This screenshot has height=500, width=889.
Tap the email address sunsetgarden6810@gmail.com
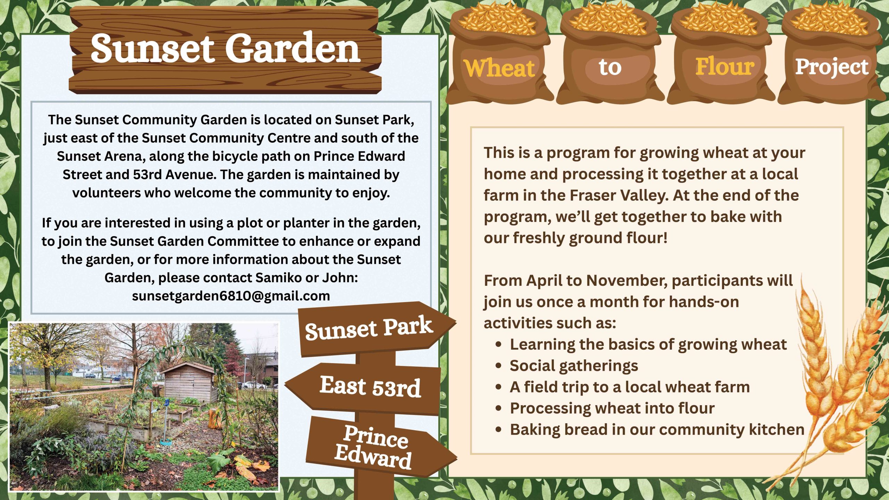pyautogui.click(x=231, y=296)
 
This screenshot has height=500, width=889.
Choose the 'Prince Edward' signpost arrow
pyautogui.click(x=374, y=447)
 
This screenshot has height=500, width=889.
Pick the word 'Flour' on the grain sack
pyautogui.click(x=725, y=66)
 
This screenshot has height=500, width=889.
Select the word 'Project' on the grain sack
pyautogui.click(x=832, y=67)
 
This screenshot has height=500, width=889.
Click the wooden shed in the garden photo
pyautogui.click(x=189, y=382)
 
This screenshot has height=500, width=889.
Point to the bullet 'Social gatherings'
pyautogui.click(x=574, y=366)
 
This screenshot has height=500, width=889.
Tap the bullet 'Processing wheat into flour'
pyautogui.click(x=612, y=408)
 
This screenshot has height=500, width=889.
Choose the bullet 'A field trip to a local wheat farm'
pyautogui.click(x=630, y=387)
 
